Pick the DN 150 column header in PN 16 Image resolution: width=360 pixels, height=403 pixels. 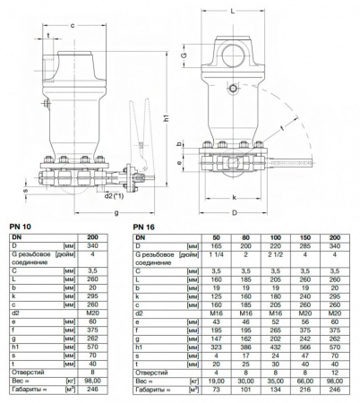[304, 236]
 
